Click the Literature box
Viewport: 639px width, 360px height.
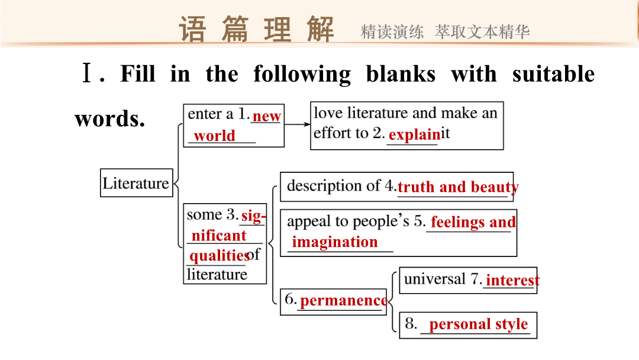tap(137, 182)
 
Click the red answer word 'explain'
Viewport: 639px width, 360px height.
tap(414, 134)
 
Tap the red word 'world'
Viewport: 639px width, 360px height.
tap(214, 136)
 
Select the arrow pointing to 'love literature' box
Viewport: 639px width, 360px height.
tap(297, 124)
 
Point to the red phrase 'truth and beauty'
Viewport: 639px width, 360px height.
tap(458, 187)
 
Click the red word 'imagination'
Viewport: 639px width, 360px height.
tap(334, 242)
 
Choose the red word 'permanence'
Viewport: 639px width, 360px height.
tap(344, 301)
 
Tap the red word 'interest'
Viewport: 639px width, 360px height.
tap(512, 280)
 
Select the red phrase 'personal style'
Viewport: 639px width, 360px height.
tap(479, 324)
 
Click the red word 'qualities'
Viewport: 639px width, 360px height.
tap(220, 256)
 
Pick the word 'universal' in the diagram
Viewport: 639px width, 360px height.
tap(434, 279)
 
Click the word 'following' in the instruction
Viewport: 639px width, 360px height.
tap(302, 75)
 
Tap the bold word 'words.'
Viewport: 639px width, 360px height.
tap(109, 119)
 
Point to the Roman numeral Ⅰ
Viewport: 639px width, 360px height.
tap(87, 73)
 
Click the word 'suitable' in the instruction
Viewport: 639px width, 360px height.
tap(553, 74)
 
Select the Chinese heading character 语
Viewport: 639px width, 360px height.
tap(192, 29)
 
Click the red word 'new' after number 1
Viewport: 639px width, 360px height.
tap(266, 117)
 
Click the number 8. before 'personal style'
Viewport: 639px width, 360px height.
tap(411, 324)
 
